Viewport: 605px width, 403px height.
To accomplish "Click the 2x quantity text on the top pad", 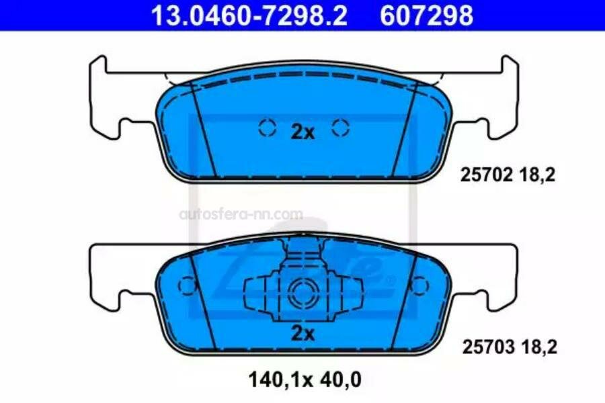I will click(x=302, y=132).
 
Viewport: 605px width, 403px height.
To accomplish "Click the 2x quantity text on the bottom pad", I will click(x=302, y=334).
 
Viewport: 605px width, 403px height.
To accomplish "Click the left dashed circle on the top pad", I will click(x=267, y=128).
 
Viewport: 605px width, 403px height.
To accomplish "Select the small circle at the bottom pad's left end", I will click(x=186, y=285).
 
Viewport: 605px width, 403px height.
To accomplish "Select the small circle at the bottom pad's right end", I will click(x=419, y=285).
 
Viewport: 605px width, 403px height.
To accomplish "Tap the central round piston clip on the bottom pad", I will click(x=302, y=293).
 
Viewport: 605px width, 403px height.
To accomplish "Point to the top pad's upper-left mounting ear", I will click(x=99, y=67).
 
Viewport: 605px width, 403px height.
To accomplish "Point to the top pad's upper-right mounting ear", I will click(x=508, y=67).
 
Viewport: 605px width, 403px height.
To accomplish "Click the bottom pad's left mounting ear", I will click(x=101, y=275).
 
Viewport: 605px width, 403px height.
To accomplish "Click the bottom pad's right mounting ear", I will click(x=506, y=275).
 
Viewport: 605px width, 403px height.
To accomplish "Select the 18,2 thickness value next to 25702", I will click(x=538, y=175).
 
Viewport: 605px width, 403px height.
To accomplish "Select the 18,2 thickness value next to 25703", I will click(x=538, y=347).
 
